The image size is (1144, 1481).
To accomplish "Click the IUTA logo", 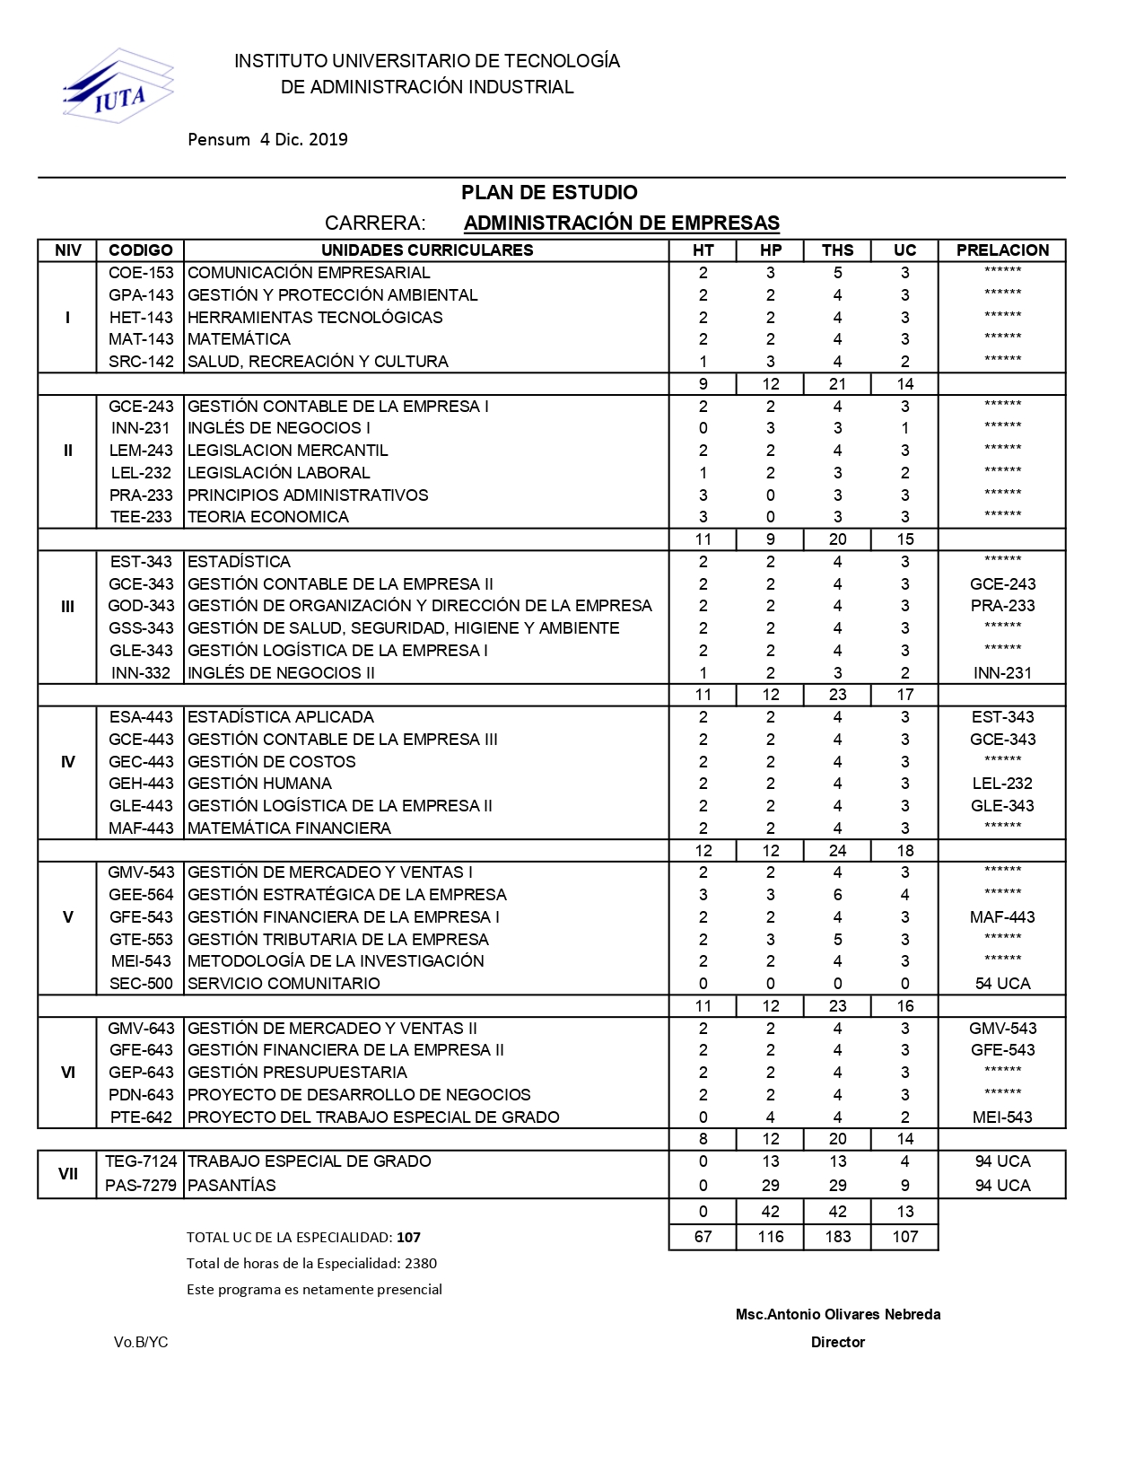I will coord(118,87).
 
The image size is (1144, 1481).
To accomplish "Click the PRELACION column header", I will coord(1002,250).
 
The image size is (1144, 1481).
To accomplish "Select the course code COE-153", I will coord(141,273).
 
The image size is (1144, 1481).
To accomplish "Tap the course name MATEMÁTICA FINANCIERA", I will coord(289,828).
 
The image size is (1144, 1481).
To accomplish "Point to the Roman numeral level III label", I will coord(67,607).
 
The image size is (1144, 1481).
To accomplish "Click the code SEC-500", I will coord(141,984).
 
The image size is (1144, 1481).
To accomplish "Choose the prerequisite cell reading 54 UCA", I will coord(1002,984).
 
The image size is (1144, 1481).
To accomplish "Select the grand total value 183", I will coord(837,1237).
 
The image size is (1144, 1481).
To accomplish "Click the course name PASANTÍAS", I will coord(231,1186).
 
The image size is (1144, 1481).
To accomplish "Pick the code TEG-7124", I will coord(141,1161).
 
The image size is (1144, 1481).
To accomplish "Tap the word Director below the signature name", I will coord(837,1342).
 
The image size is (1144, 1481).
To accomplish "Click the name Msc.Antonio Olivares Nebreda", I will coord(837,1314).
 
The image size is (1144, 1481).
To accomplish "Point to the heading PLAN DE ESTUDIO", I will coord(549,192).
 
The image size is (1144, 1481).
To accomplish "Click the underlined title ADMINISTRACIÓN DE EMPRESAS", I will coord(621,223).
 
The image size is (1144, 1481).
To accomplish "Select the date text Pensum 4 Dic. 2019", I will coord(267,139).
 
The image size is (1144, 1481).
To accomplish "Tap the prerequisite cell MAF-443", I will coord(1002,917).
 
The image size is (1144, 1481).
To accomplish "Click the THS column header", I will coord(837,250).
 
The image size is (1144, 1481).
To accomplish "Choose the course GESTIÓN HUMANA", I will coord(259,784).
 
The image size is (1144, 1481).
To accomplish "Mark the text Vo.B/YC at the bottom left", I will coord(141,1342).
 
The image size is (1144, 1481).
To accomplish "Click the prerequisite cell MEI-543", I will coord(1002,1117).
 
